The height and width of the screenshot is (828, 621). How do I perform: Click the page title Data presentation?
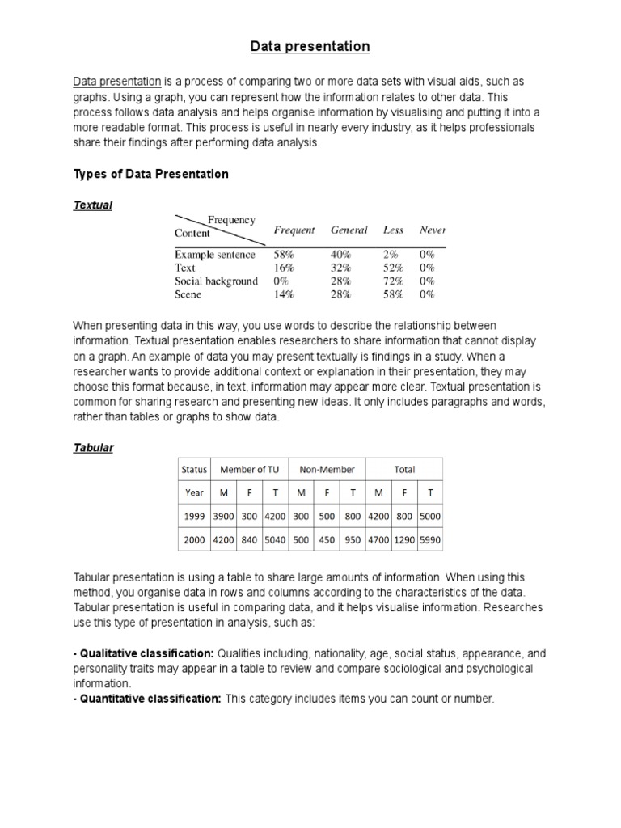click(x=309, y=47)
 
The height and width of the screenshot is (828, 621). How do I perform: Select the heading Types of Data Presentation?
click(x=151, y=174)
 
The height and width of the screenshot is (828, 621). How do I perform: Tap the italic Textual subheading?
click(x=93, y=205)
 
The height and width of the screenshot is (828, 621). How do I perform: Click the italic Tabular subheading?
click(x=94, y=448)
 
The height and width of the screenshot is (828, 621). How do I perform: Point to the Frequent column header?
click(x=294, y=230)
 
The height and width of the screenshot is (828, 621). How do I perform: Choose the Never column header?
click(x=433, y=230)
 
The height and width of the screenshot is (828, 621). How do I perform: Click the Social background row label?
click(x=216, y=281)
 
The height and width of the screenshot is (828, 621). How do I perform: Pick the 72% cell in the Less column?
click(x=394, y=281)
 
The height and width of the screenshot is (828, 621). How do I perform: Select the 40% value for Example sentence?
click(x=340, y=255)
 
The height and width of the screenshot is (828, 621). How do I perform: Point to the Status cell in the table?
click(x=194, y=469)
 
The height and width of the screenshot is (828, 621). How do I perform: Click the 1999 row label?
click(x=194, y=516)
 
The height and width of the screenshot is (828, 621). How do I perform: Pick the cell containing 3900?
click(x=222, y=516)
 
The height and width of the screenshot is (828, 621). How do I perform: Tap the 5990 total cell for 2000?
click(x=430, y=539)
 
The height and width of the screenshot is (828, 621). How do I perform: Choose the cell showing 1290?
click(x=404, y=539)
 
